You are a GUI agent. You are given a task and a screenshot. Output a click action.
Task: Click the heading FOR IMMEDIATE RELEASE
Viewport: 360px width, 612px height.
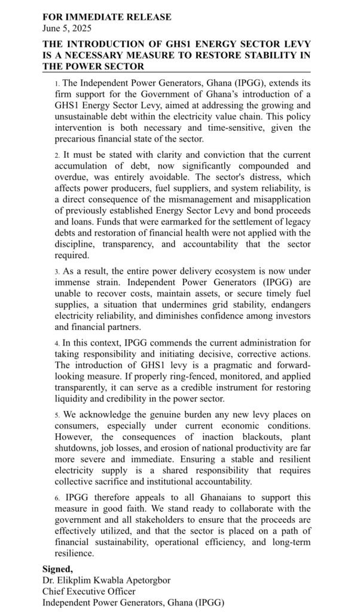(x=106, y=17)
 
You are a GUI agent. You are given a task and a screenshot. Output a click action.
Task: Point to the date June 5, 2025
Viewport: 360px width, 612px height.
(x=67, y=27)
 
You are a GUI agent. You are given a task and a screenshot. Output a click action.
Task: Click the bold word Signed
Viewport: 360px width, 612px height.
(x=58, y=568)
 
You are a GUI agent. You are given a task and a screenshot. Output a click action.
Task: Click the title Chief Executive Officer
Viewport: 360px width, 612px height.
(x=89, y=591)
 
